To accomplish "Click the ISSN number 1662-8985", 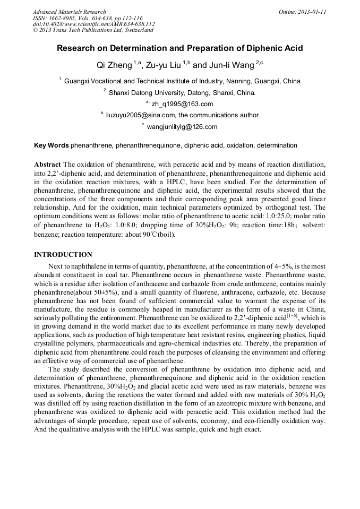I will coord(62,18).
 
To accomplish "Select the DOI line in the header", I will coord(93,24).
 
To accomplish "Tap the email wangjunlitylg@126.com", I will coord(182,126).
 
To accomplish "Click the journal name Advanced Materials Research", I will coord(69,12).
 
